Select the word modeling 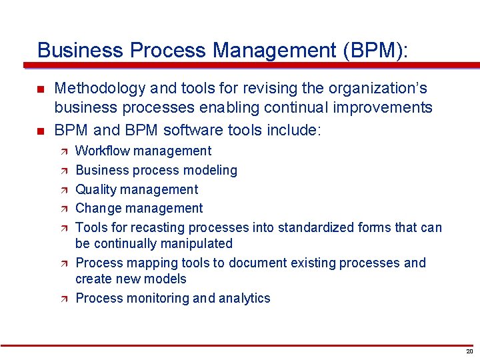[x=212, y=170]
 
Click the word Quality [x=96, y=190]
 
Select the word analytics [x=244, y=298]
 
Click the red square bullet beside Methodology [x=41, y=89]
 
